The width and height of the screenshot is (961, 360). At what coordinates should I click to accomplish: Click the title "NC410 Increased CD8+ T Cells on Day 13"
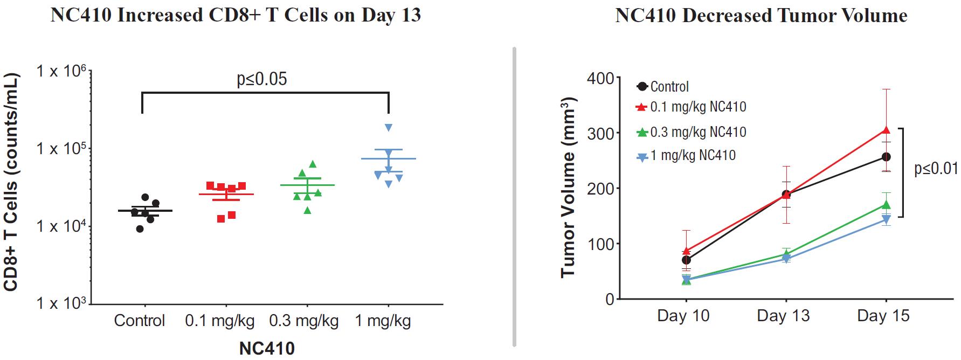pos(236,15)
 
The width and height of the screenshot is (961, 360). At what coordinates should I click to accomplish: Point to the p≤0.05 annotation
pos(262,79)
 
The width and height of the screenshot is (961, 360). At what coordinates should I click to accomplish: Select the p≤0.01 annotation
pos(937,169)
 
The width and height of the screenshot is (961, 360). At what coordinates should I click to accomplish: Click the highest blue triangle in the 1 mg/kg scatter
pos(389,128)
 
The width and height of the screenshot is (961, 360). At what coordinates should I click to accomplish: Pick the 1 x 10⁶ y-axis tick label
pos(61,71)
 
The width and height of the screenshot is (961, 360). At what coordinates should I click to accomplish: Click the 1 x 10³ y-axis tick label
pos(61,303)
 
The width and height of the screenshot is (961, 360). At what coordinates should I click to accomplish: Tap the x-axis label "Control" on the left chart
pos(139,321)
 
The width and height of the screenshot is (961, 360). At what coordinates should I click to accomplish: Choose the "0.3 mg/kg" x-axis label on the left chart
pos(304,321)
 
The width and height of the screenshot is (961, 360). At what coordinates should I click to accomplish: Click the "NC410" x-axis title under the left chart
pos(267,348)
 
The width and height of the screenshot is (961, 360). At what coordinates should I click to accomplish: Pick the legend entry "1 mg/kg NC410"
pos(693,156)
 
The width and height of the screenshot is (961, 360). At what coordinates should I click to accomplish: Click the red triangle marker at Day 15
pos(886,130)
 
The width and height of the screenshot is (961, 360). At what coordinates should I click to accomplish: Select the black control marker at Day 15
pos(886,157)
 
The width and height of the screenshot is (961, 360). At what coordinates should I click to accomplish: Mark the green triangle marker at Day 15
pos(886,205)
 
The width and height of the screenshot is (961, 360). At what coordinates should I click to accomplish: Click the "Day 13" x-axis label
pos(783,316)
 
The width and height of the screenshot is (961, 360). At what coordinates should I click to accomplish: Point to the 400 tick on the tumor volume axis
pos(601,79)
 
